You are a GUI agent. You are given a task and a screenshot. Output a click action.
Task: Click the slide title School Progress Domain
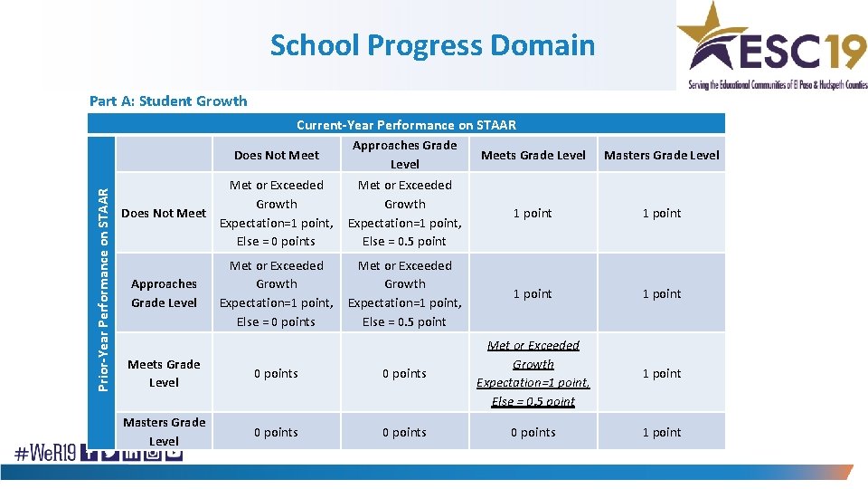click(x=432, y=44)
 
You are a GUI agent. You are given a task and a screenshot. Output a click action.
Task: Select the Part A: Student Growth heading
click(x=168, y=101)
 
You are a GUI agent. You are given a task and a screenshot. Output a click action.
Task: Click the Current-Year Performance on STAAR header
click(x=406, y=125)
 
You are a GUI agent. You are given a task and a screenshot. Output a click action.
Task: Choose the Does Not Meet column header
click(x=277, y=155)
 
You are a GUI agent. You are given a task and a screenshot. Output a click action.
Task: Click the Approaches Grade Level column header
click(x=404, y=155)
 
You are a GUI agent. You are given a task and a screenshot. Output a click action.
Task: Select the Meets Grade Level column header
click(x=533, y=155)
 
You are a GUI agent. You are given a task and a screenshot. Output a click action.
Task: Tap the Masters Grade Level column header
click(x=662, y=155)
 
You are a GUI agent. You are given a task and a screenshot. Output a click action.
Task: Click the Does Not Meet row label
click(x=164, y=213)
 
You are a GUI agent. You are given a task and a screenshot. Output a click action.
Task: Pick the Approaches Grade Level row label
click(x=164, y=293)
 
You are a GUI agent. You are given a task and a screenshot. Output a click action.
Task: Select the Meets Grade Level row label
click(x=164, y=373)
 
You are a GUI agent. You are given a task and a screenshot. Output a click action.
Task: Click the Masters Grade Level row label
click(x=164, y=432)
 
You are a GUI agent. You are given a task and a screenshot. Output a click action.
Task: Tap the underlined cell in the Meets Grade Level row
click(x=533, y=373)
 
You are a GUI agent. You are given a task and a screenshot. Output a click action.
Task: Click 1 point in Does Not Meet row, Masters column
click(x=662, y=213)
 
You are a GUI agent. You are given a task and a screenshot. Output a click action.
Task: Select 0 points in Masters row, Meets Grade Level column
click(x=533, y=432)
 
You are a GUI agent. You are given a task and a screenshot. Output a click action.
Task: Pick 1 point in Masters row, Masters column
click(x=662, y=432)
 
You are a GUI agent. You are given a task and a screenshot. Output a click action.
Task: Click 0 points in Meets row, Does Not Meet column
click(x=277, y=373)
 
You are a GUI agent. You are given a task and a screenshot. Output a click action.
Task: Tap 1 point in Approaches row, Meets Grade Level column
click(x=533, y=293)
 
